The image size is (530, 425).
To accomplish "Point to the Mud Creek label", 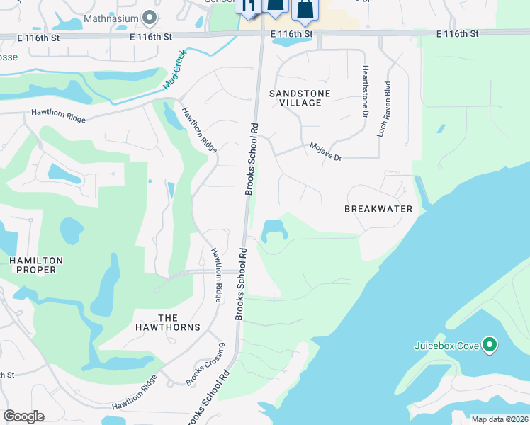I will (x=174, y=69).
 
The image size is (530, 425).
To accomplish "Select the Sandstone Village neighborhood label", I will (x=295, y=98).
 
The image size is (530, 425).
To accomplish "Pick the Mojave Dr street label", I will (x=325, y=152).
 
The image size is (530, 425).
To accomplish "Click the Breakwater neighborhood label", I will (x=378, y=209).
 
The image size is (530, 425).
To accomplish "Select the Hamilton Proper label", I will (x=36, y=266).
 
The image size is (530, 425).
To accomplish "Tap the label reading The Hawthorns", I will (x=168, y=322).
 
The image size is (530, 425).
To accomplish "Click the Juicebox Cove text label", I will (x=447, y=346).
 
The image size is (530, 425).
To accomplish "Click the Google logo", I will (x=23, y=416).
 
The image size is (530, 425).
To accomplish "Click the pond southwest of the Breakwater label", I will (x=274, y=230).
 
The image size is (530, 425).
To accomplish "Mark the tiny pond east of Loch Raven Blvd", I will (x=441, y=129).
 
